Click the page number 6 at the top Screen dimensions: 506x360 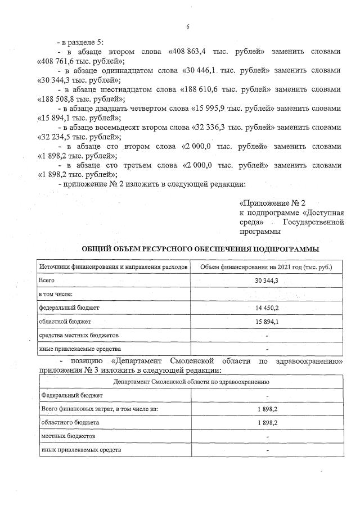[187, 26]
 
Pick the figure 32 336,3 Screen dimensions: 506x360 [213, 128]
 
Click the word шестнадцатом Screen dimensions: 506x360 [118, 89]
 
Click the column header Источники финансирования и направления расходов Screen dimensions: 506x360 [112, 267]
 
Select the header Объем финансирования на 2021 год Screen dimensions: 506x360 [266, 267]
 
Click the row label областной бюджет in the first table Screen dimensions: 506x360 [61, 322]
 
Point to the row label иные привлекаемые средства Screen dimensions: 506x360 [74, 349]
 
